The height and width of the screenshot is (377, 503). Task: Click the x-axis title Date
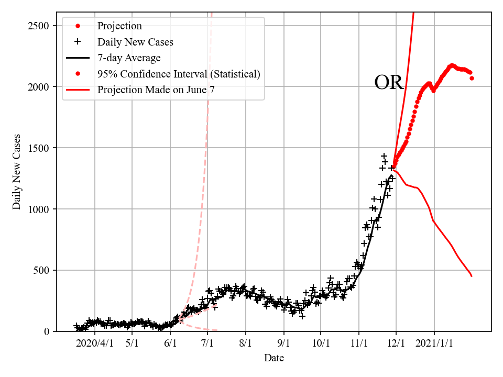274,358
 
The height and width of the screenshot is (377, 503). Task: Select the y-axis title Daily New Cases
17,172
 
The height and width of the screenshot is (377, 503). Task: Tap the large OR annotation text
389,83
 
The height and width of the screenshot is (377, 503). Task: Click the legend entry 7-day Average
129,58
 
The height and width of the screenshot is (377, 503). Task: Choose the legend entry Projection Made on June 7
156,90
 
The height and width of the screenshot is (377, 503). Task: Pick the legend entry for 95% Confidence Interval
178,74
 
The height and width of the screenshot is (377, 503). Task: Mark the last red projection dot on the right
472,78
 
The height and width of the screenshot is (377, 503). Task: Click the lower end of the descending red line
472,276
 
